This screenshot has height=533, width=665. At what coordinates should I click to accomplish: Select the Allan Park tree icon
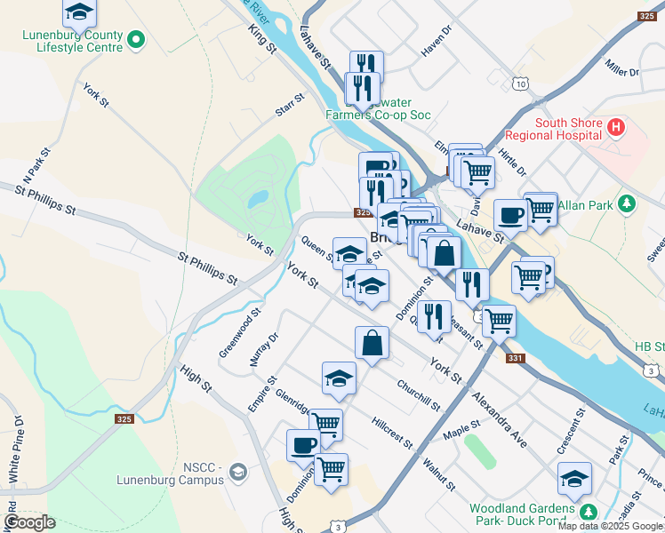coord(628,204)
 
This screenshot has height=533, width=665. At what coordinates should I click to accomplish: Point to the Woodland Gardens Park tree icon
coord(588,513)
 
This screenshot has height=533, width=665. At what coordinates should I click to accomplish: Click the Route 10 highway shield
coord(519,84)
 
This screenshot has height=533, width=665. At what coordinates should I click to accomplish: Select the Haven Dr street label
coord(437,41)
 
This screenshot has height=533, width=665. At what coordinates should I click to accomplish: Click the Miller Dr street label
coord(621,65)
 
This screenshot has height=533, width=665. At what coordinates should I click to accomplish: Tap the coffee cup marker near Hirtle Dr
coord(511,215)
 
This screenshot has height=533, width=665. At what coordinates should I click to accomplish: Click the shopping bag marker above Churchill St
coord(373,344)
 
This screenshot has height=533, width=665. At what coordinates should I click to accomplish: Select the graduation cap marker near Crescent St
coord(574,479)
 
